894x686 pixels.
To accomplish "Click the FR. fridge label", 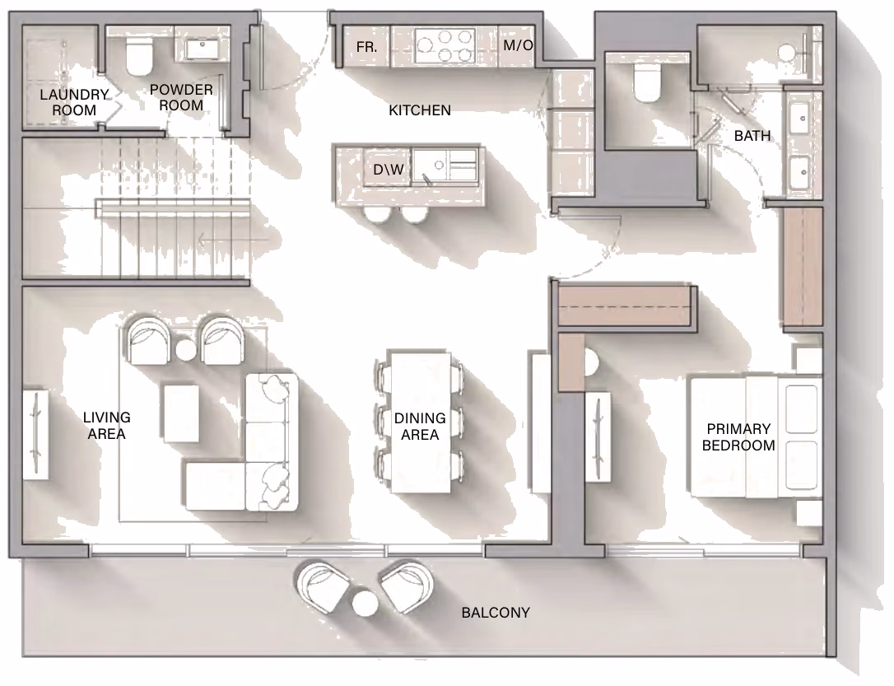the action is [366, 47].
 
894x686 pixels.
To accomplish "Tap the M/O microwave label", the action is [518, 45].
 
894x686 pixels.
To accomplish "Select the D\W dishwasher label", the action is [389, 170].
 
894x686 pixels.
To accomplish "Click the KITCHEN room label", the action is [420, 110].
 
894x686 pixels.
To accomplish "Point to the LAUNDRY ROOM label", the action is [74, 102].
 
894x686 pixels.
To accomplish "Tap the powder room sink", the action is [203, 49].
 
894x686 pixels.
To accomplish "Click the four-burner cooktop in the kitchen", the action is [445, 46].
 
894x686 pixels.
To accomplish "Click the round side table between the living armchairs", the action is [186, 349].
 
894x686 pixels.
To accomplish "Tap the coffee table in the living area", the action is [181, 413].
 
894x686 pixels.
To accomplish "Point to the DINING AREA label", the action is [420, 427].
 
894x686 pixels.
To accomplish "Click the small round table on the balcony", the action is [365, 604].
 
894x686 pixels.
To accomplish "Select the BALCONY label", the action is [496, 613].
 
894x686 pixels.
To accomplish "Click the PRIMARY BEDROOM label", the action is [738, 436].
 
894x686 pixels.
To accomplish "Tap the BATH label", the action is [752, 136].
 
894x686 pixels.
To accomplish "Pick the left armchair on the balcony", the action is [323, 587].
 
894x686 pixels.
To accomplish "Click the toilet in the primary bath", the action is [646, 82].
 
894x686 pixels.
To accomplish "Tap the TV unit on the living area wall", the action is [35, 434].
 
